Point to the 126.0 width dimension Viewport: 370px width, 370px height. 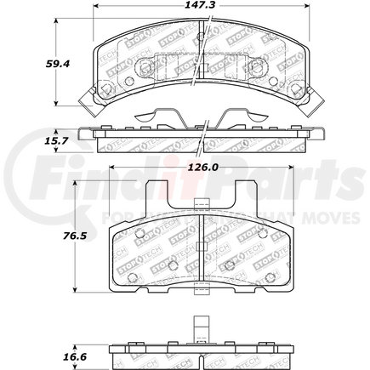(201, 168)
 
